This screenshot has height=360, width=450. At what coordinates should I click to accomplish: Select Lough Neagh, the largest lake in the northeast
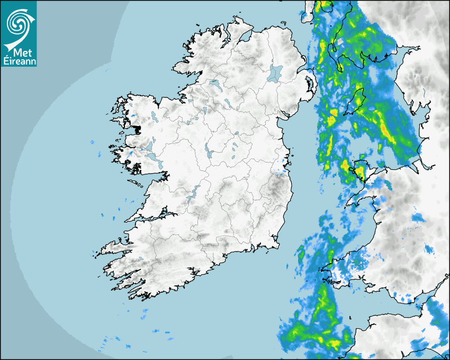point(276,73)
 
